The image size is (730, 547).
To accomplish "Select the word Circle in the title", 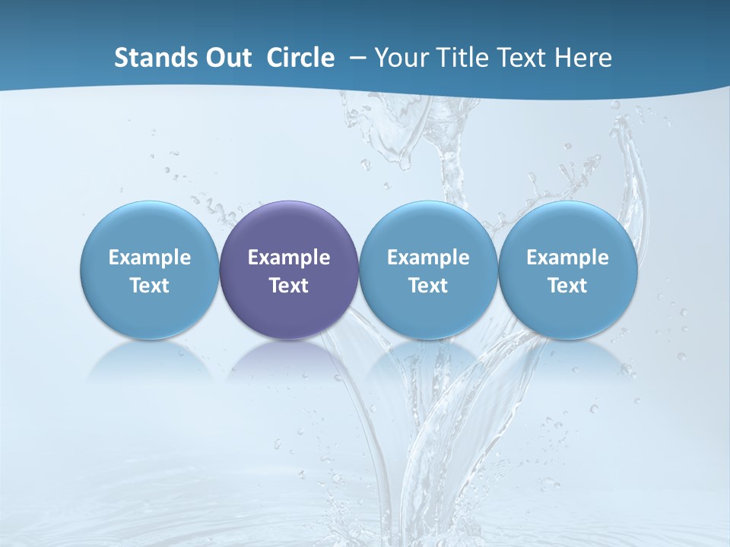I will coord(300,58).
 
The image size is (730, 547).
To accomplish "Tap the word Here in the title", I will coord(586,58).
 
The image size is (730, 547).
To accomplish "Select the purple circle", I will coord(289,228).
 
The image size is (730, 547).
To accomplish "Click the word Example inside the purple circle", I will coord(289,258).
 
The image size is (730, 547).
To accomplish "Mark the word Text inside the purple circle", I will coord(289,286).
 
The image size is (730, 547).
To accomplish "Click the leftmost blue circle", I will coord(150,228).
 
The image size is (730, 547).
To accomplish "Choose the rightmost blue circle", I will coord(567,228).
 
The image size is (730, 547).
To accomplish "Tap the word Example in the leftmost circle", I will coord(150,258).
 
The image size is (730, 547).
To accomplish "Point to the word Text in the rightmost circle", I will coord(567,286).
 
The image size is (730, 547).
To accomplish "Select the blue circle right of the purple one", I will coord(428,228).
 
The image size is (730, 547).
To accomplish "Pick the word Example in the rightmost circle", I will coord(567,258).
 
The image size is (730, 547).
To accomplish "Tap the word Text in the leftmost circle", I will coord(150,286).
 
